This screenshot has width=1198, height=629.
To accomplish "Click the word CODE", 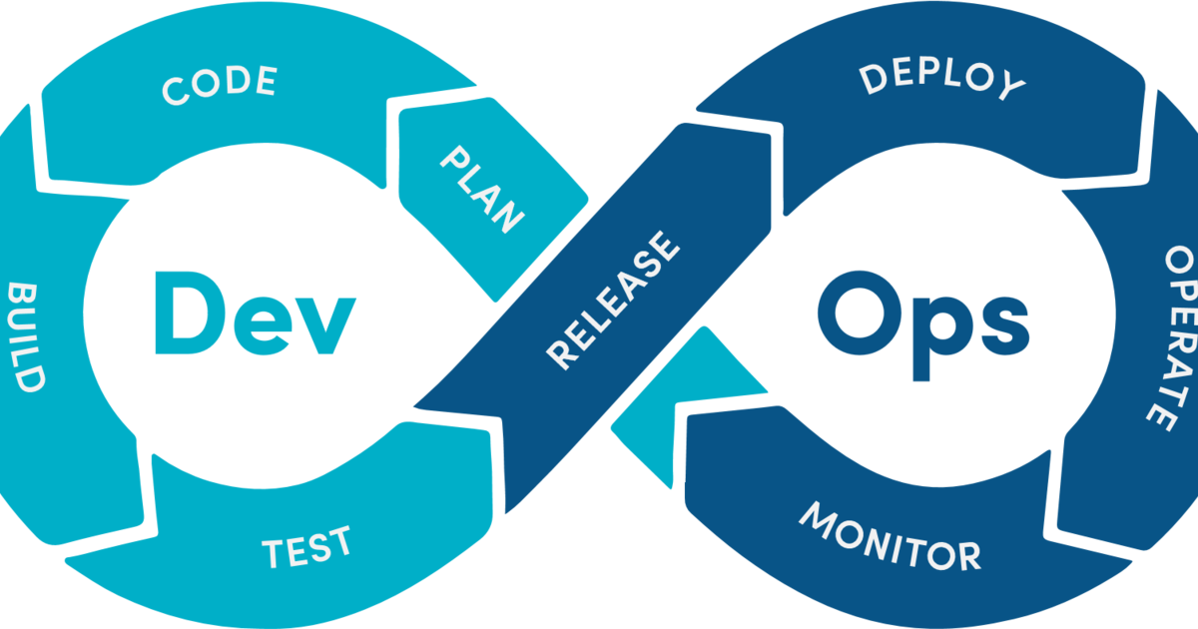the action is click(220, 85).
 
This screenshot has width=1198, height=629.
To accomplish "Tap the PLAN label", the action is click(482, 190).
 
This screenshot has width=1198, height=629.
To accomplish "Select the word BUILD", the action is click(26, 337).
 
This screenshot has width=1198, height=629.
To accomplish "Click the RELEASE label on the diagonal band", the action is click(613, 301).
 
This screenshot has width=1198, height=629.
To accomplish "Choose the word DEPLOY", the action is click(942, 81).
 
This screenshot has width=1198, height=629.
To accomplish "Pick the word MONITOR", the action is click(891, 537).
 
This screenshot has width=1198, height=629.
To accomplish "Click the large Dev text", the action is click(256, 313).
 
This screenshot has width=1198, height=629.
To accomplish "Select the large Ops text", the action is click(923, 325).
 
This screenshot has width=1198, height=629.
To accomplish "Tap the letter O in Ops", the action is click(860, 313).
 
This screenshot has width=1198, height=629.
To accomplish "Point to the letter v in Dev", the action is click(325, 325).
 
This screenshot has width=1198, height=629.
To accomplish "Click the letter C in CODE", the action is click(176, 91).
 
